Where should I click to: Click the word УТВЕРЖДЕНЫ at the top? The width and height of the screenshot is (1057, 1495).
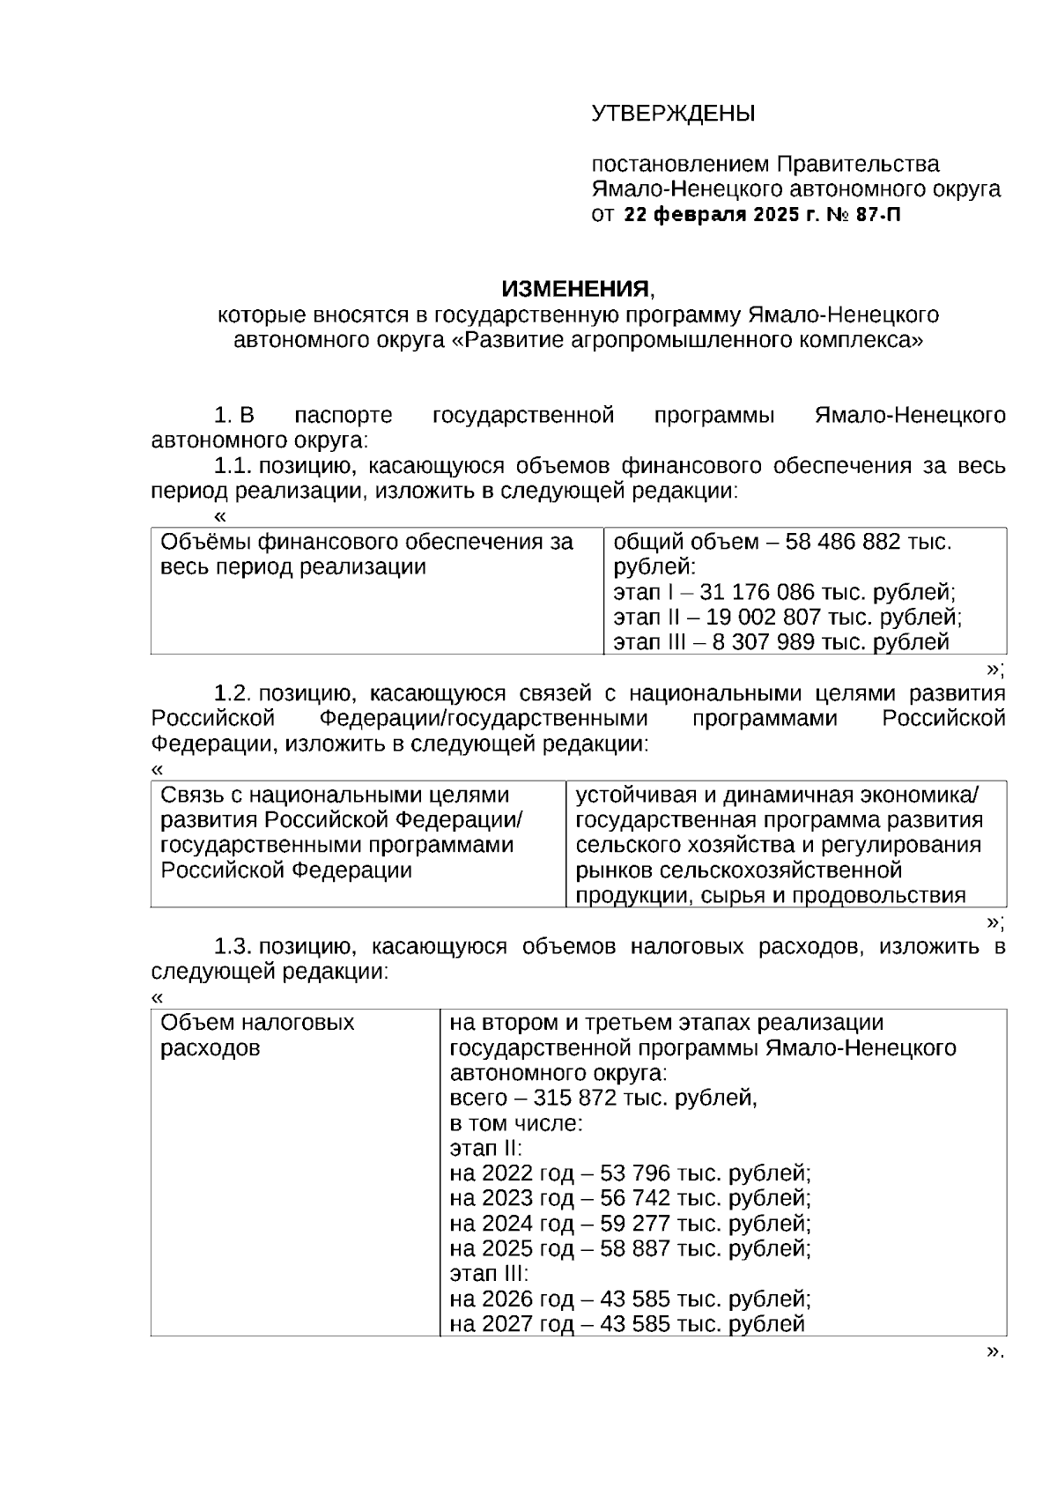pyautogui.click(x=673, y=114)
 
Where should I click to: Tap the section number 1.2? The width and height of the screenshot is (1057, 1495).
pyautogui.click(x=233, y=694)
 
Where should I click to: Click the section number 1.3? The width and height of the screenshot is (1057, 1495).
pyautogui.click(x=233, y=947)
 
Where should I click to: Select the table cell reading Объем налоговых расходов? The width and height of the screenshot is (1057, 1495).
pyautogui.click(x=257, y=1035)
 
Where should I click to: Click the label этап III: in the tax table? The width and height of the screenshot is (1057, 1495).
pyautogui.click(x=489, y=1274)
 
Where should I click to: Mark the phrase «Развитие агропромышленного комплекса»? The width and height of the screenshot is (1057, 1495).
pyautogui.click(x=687, y=340)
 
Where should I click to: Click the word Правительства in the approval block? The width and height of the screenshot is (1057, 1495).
pyautogui.click(x=857, y=164)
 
